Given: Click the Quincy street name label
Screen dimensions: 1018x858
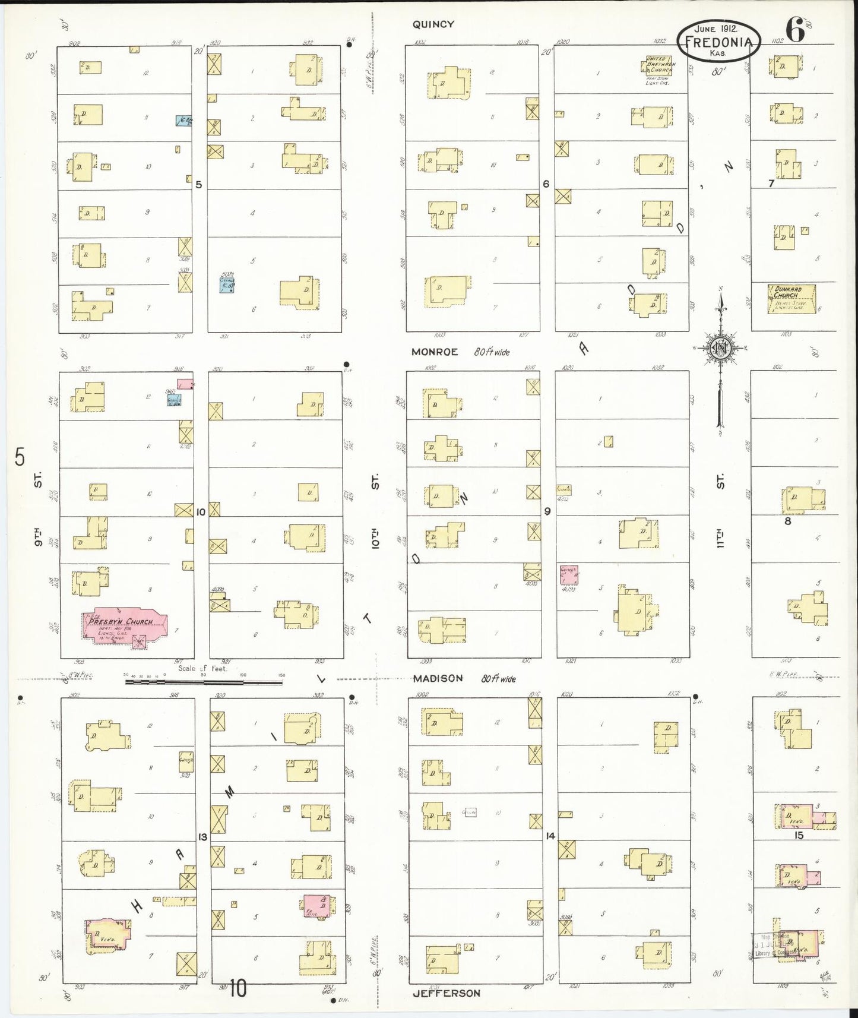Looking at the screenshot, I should [x=433, y=24].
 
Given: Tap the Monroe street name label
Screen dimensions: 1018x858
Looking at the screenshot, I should [x=435, y=352].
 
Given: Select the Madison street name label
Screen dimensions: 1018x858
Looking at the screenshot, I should [x=438, y=678].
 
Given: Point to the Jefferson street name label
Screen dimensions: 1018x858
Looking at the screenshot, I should [x=446, y=992].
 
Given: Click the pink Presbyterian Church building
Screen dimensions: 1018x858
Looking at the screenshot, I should [x=125, y=626].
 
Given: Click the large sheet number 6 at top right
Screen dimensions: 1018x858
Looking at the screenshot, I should [x=795, y=30].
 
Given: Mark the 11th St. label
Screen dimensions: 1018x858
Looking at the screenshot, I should [x=720, y=514].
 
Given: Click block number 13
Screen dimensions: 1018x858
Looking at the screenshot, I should [x=202, y=837].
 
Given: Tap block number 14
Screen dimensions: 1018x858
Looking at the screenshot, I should [x=550, y=836].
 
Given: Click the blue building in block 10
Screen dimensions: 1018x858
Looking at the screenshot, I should [x=174, y=400].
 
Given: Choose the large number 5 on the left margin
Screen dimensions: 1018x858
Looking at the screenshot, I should [x=20, y=457].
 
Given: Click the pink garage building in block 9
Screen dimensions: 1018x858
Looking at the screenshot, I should [x=569, y=574].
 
